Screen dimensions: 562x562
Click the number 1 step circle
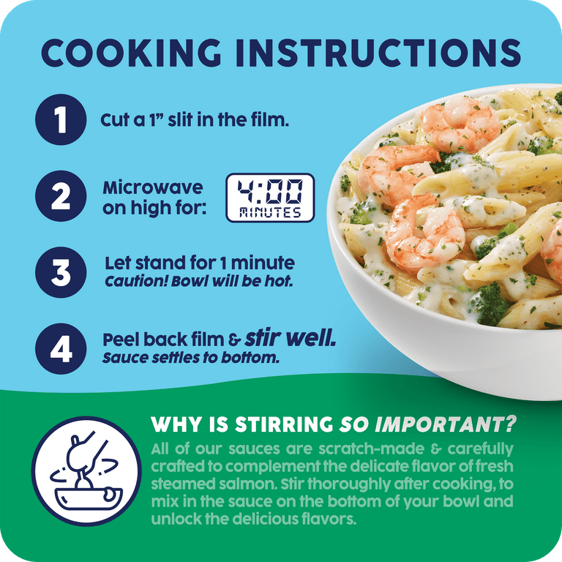point(61,120)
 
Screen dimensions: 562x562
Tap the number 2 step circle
point(61,196)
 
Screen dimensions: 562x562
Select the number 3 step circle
point(61,272)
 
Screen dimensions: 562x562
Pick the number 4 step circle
point(61,349)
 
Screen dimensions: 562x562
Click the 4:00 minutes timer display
point(270,198)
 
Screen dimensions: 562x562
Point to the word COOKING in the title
point(131,53)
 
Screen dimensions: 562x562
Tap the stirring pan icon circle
point(86,471)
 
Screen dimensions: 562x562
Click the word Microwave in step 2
point(153,187)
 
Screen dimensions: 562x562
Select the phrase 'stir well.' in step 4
point(291,338)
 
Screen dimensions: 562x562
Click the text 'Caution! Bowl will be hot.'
point(199,282)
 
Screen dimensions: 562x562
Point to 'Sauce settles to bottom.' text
point(191,358)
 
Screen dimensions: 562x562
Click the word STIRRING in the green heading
point(284,424)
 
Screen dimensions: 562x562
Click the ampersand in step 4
point(234,340)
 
